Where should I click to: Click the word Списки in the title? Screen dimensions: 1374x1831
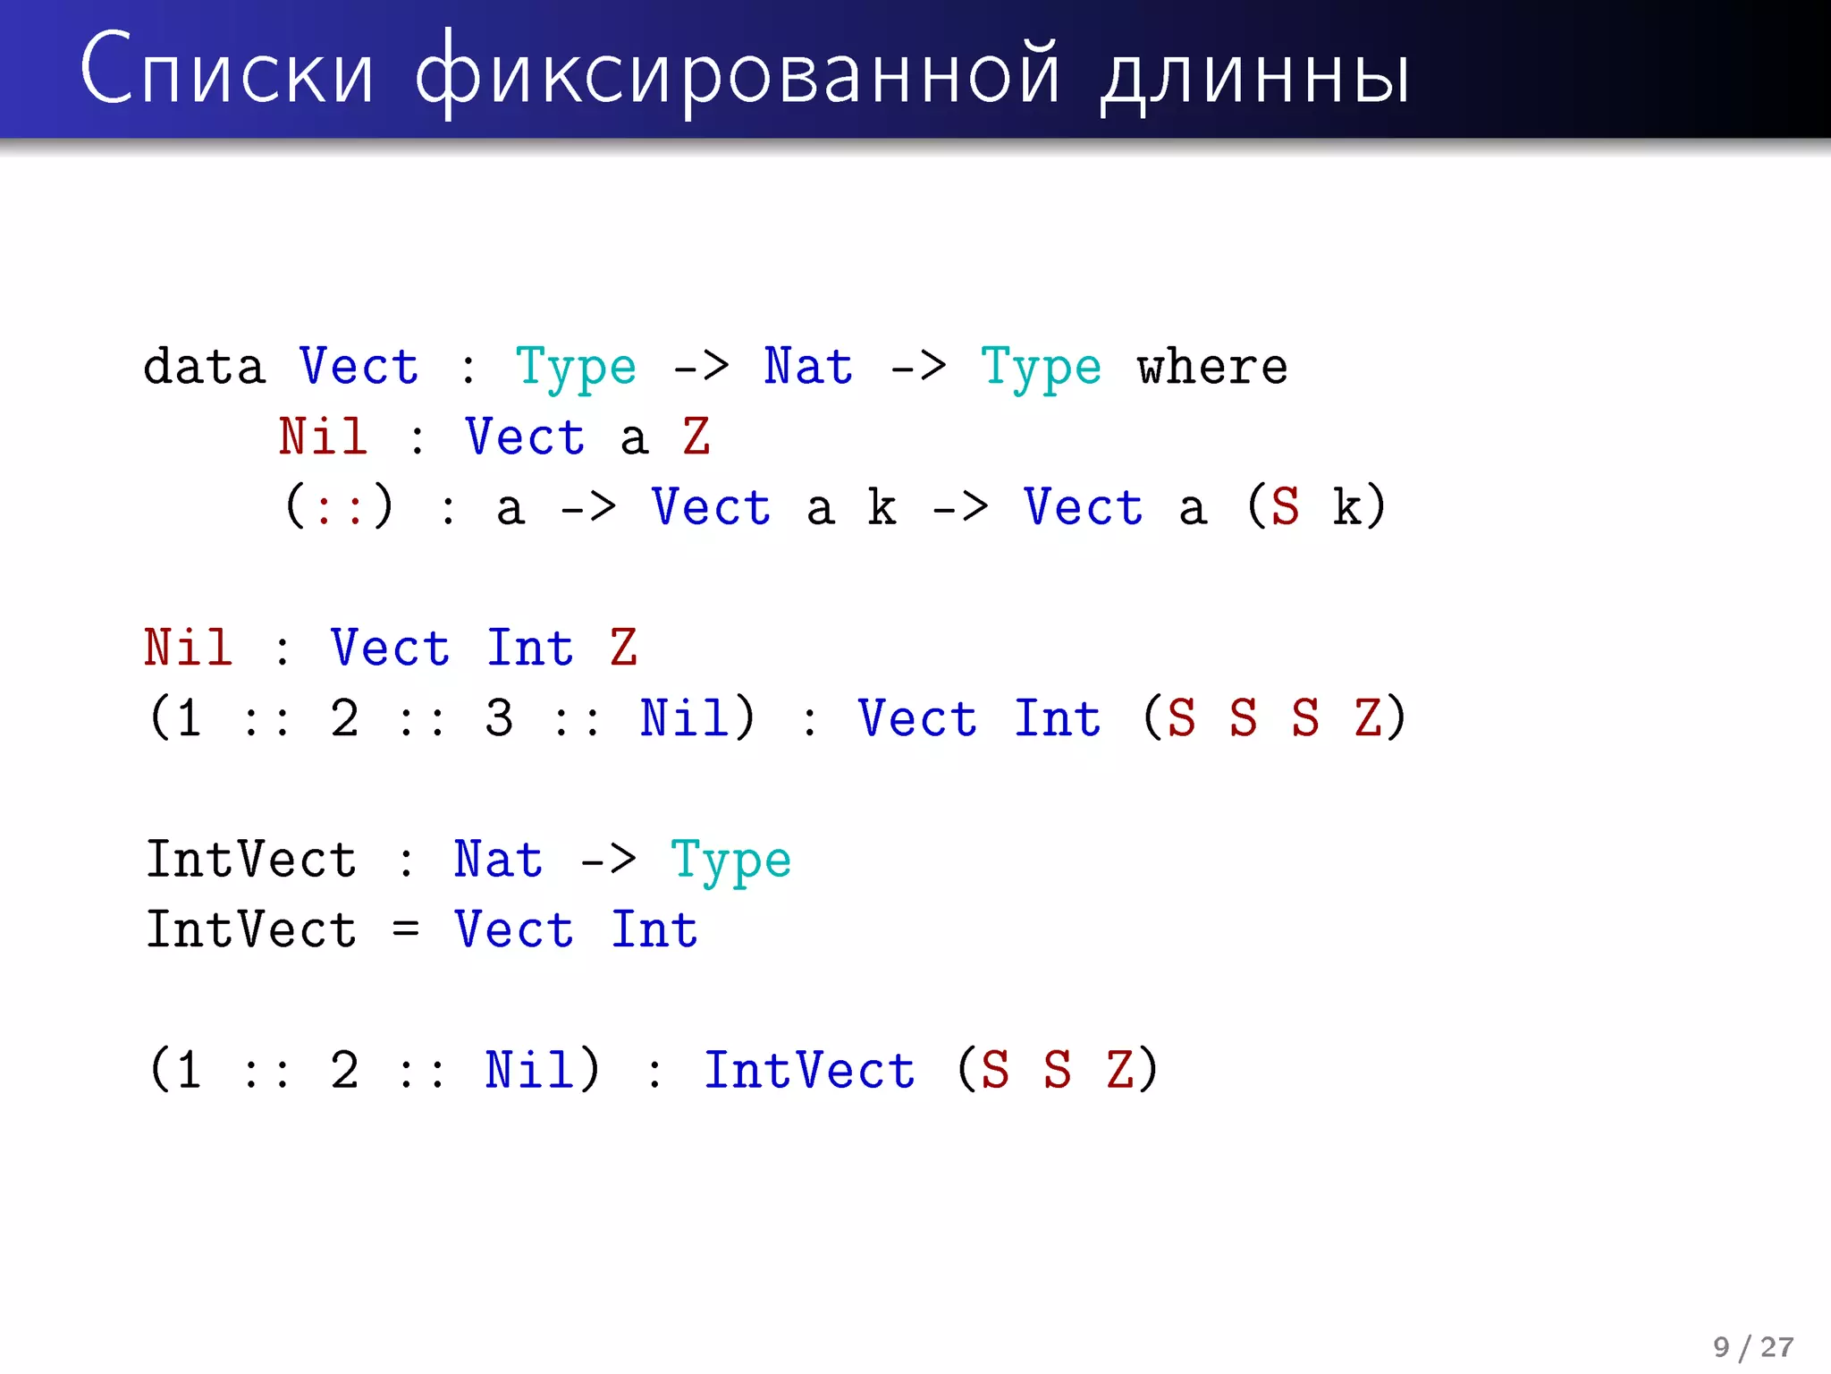pos(226,72)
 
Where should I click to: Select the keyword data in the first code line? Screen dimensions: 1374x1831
pos(205,367)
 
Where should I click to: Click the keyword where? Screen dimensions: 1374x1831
pos(1211,367)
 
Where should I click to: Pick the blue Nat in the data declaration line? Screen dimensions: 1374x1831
pos(808,367)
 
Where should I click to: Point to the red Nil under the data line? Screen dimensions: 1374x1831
pos(323,437)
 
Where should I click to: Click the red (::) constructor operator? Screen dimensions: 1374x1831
pos(339,507)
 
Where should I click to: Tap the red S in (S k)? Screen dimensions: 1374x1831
pos(1285,507)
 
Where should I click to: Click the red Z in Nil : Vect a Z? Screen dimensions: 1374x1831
pos(696,437)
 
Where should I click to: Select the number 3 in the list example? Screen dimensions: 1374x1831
pos(499,718)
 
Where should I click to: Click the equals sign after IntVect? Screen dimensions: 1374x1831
pos(405,929)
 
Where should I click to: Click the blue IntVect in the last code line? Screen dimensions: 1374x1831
pos(809,1070)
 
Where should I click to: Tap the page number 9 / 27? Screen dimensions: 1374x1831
pos(1752,1347)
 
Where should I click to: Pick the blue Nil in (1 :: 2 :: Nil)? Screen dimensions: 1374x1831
pos(529,1070)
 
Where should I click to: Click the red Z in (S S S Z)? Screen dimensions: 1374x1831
pos(1368,718)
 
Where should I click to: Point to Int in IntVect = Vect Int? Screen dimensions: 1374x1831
pos(654,929)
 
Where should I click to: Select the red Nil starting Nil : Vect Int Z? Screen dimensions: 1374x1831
pos(189,648)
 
